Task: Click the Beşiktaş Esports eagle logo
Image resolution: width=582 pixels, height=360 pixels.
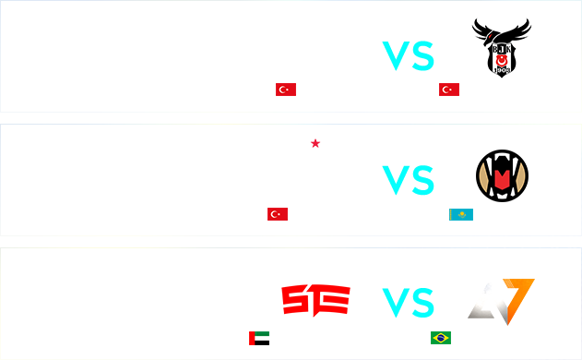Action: pos(501,48)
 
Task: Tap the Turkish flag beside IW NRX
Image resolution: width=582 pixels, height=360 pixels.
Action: pos(286,90)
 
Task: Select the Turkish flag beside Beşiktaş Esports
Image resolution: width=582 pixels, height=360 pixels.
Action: pos(449,90)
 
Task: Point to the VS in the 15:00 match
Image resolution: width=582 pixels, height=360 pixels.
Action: pos(409,56)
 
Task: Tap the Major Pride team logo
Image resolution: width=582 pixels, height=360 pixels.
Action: pos(502,175)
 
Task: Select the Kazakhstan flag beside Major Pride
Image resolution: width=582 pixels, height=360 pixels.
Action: pos(460,215)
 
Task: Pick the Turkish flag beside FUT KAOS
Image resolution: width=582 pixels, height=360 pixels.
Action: pos(277,214)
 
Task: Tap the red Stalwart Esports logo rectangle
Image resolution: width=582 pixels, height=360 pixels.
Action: pos(315,301)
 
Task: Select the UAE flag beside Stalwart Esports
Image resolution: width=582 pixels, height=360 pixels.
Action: pos(259,338)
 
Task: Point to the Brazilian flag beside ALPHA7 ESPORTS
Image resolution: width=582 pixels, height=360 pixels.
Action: pos(441,338)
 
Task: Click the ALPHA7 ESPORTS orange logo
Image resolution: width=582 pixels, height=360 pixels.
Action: pos(501,302)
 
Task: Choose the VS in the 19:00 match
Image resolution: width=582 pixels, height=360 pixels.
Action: pos(410,302)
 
